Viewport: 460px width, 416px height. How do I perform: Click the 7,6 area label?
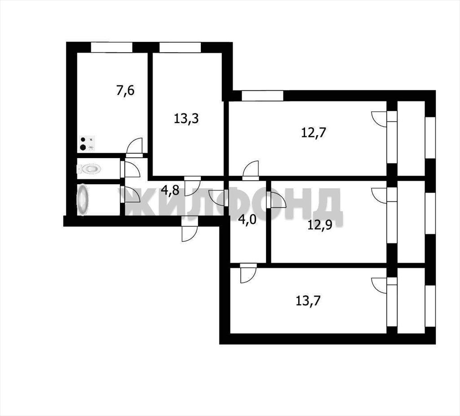[125, 90]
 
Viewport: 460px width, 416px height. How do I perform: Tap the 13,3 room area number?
[186, 119]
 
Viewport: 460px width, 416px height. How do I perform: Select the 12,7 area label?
[314, 133]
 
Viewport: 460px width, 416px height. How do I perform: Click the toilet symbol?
[89, 168]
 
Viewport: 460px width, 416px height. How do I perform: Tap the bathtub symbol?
[83, 200]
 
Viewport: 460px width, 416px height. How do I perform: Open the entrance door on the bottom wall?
[189, 229]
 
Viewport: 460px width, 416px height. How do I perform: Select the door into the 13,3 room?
[192, 186]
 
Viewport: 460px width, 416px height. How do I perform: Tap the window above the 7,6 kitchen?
[111, 47]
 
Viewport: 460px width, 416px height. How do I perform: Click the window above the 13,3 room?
[180, 47]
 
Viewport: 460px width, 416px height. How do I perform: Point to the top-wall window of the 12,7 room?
[262, 96]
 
